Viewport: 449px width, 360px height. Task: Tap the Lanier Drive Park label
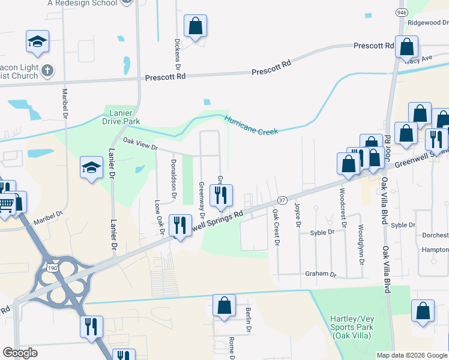coord(124,117)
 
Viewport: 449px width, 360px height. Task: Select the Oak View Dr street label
coord(140,146)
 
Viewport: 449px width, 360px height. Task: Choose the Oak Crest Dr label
coord(276,227)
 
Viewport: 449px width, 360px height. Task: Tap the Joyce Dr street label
coord(297,214)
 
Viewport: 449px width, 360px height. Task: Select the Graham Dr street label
coord(321,274)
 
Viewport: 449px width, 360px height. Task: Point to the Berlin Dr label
coord(248,320)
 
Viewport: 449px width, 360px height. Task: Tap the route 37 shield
coord(282,199)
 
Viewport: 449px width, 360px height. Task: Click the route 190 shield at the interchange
coord(53,268)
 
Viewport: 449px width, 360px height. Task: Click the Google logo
coord(20,353)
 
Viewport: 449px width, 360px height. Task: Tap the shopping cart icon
coord(6,205)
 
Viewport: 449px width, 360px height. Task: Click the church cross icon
coord(47,71)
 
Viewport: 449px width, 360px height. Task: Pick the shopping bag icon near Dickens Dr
coord(195,26)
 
